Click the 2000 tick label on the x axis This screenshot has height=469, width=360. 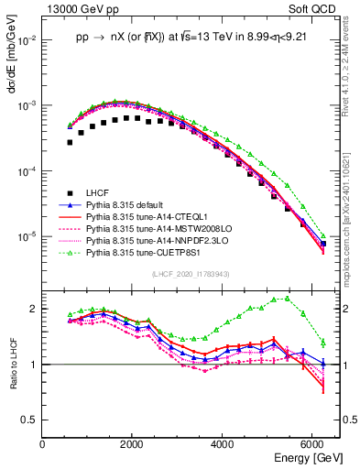click(x=132, y=443)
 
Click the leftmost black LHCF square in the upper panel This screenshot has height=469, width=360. click(x=70, y=142)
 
